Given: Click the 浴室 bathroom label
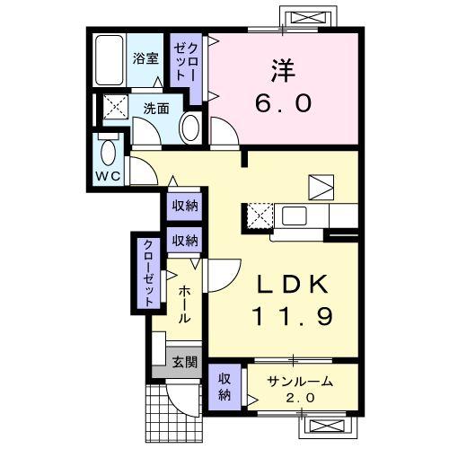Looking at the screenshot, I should [146, 60].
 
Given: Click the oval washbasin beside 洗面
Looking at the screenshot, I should [190, 128].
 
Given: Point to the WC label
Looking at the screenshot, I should [109, 176].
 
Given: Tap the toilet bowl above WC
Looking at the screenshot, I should [109, 150].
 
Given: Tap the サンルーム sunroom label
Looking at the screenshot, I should [300, 381].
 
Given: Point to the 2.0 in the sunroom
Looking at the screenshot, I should [300, 397].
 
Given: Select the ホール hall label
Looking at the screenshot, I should [183, 304].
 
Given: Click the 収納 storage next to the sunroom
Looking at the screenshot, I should [224, 387].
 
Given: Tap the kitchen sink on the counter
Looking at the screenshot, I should [295, 216].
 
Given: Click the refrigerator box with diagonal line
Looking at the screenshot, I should [320, 186].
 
